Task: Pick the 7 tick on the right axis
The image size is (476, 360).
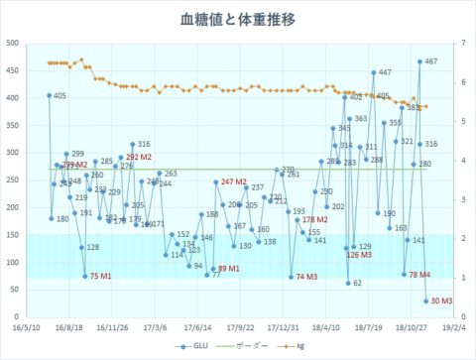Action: coord(461,44)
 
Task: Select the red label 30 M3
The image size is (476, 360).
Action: coord(441,300)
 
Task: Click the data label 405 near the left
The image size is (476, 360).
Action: coord(59,96)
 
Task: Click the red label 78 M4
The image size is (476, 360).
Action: coord(420,274)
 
